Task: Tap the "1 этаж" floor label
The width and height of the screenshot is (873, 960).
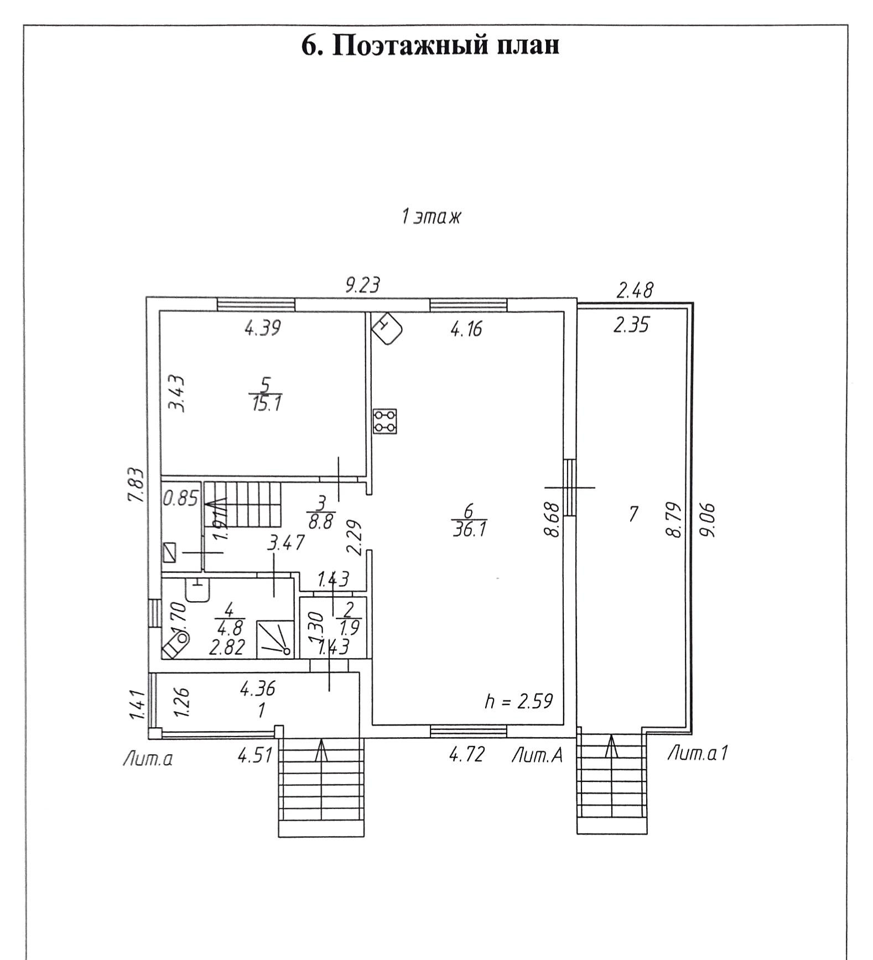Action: (431, 217)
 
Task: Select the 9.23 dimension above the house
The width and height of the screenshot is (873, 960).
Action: (362, 285)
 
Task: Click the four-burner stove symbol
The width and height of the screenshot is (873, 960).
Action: (385, 421)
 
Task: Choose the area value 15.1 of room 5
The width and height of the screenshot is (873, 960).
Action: (266, 404)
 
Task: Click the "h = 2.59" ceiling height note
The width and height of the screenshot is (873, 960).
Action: (518, 701)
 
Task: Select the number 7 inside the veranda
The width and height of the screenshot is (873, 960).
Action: (633, 514)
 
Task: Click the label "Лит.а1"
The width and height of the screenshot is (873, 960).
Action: (697, 753)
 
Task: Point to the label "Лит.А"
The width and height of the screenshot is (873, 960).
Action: (537, 755)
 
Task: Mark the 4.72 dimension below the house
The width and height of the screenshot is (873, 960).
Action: (467, 754)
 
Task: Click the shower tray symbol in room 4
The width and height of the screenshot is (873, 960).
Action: (275, 639)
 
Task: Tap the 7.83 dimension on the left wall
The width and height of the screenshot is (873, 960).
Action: (136, 485)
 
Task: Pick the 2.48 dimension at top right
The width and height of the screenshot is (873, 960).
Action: (635, 290)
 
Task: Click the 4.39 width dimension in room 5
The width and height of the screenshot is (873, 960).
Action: (263, 328)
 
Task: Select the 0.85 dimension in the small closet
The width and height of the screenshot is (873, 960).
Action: (180, 499)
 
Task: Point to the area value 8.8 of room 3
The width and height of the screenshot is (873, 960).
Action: (321, 521)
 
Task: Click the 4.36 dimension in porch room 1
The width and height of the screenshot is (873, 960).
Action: (257, 689)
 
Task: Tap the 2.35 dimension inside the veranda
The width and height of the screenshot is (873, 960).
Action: (631, 325)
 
